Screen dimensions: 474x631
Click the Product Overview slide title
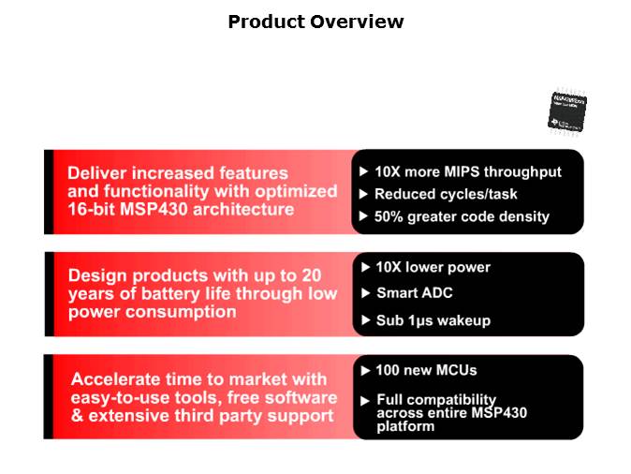315,22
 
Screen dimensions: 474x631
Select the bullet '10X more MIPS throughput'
467,171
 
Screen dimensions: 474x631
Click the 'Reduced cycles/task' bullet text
445,194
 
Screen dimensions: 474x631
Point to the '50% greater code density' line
462,216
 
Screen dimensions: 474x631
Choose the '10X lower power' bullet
432,267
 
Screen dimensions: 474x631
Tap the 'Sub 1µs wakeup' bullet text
432,320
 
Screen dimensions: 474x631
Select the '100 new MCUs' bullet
426,371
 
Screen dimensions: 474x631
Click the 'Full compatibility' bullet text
435,399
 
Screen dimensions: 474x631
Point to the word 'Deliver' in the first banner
97,173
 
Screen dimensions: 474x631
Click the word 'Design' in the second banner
95,275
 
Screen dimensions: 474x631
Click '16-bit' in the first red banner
92,209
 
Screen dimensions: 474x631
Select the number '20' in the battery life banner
312,275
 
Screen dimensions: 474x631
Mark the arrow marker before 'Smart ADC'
365,293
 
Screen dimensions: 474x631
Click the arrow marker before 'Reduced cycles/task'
364,194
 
